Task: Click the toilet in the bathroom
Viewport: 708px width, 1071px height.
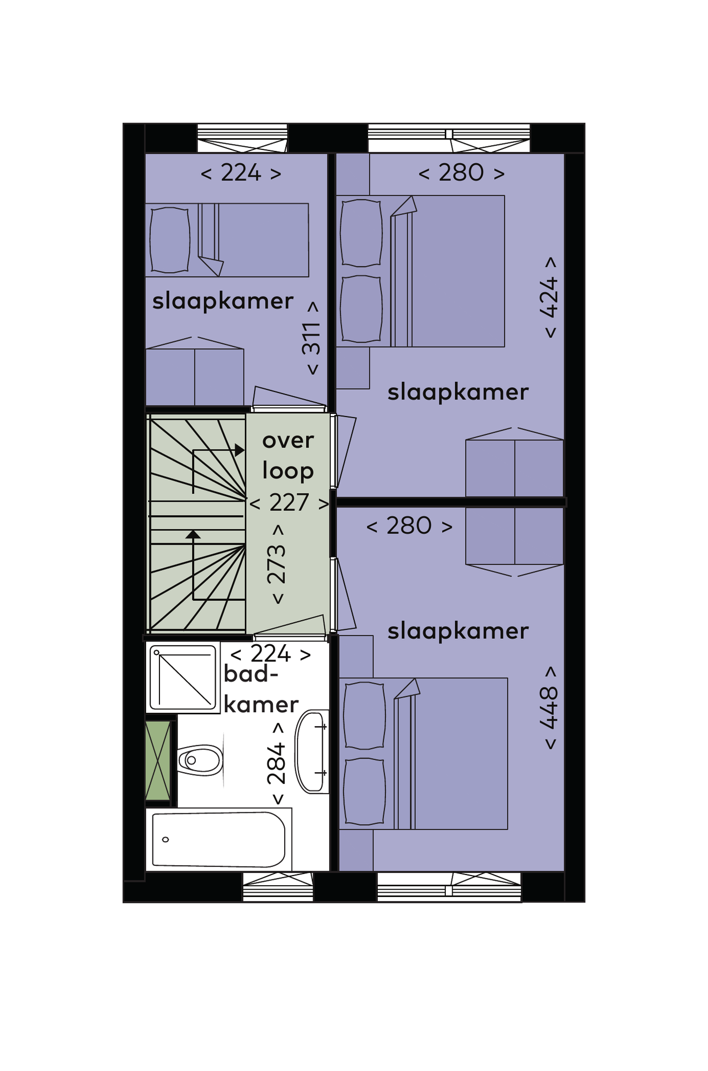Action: click(200, 760)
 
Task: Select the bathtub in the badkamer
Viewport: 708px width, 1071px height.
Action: click(219, 839)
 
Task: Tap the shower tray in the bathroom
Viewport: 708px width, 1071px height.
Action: click(183, 677)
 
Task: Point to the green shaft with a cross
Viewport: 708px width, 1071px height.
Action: click(158, 761)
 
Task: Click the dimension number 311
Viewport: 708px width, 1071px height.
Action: click(311, 338)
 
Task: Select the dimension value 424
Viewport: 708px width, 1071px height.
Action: click(549, 298)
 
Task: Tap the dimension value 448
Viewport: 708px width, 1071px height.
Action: click(549, 708)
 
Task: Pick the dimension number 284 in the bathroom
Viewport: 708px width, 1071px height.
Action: click(277, 763)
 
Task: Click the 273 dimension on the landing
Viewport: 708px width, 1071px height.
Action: click(277, 564)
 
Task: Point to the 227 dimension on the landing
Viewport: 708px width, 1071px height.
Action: click(289, 503)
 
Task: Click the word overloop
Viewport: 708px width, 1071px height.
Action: click(288, 456)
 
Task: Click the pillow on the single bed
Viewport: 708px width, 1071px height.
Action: click(170, 240)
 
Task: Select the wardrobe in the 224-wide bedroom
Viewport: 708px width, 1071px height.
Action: click(195, 372)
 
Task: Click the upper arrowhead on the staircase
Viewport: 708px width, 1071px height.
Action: click(240, 450)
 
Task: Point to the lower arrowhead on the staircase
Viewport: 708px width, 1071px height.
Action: click(193, 534)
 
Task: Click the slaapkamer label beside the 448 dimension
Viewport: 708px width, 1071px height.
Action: click(458, 631)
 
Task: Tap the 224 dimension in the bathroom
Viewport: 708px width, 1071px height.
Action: click(271, 654)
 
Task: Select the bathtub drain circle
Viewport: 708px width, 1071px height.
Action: click(166, 839)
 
